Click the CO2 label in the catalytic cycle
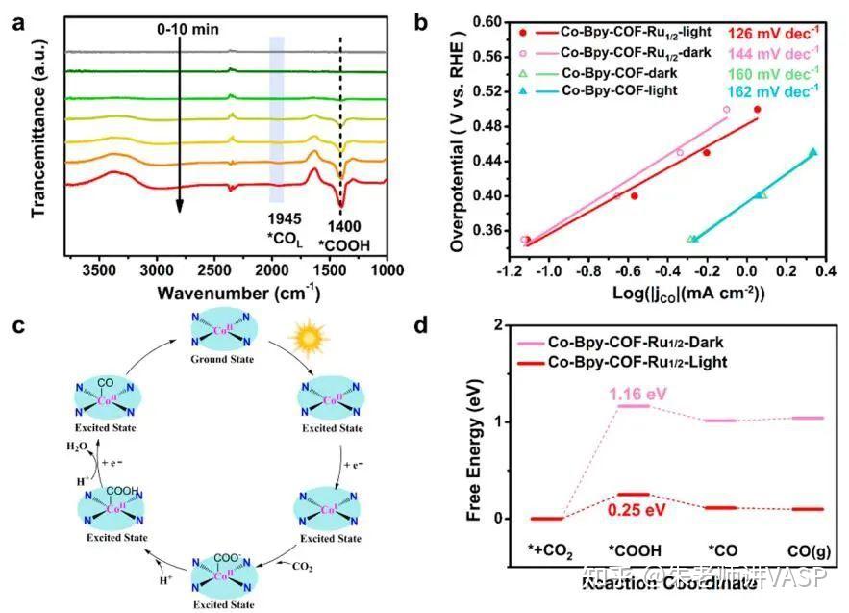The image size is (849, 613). coord(302,566)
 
